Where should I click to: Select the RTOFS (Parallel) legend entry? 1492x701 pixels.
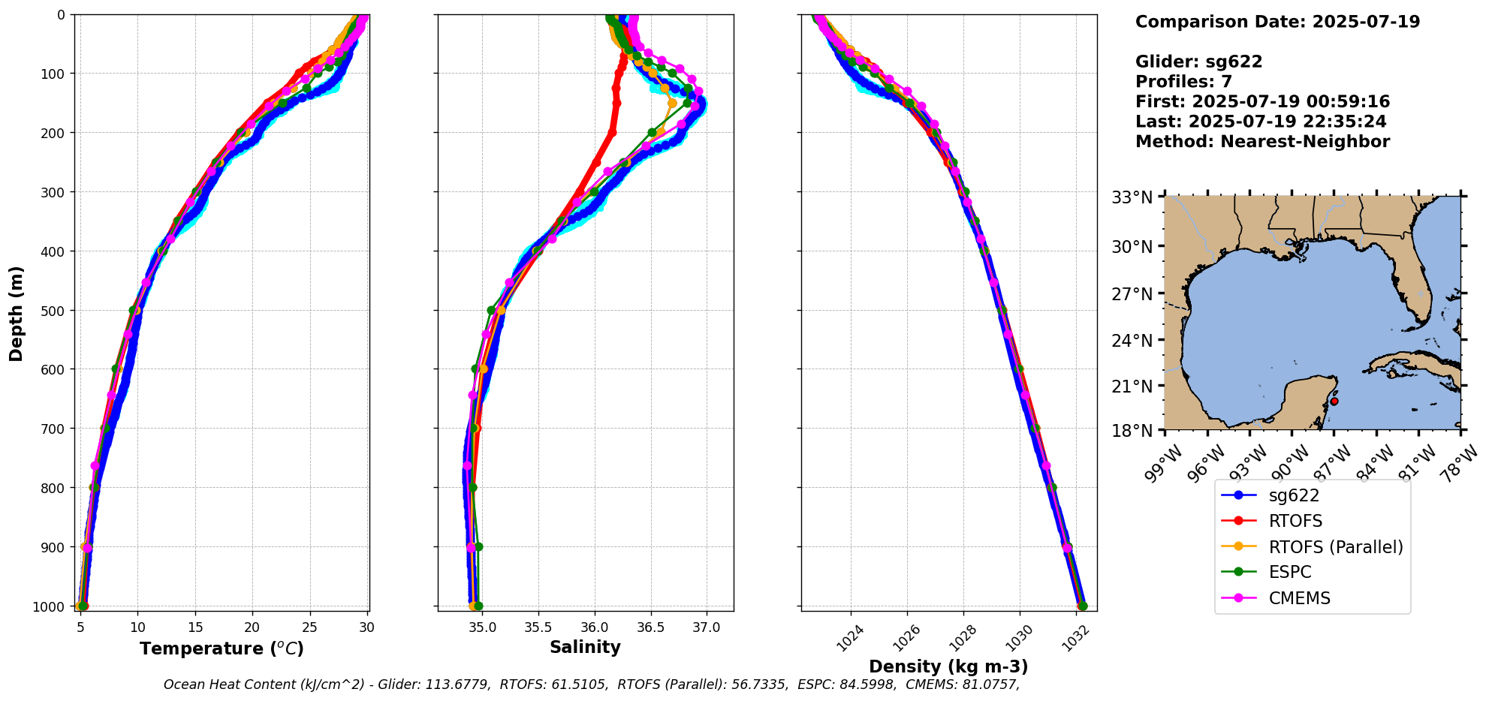(x=1335, y=547)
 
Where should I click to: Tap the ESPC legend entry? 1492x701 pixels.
(x=1289, y=572)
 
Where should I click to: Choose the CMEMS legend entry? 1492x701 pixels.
(x=1299, y=598)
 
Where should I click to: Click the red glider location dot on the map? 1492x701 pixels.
(x=1334, y=402)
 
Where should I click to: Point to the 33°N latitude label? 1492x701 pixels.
(x=1132, y=198)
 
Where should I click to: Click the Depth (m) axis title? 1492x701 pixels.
(x=17, y=313)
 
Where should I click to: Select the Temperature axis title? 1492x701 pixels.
(x=222, y=648)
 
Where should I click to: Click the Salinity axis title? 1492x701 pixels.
(x=585, y=647)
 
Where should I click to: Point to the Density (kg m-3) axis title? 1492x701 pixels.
(x=948, y=666)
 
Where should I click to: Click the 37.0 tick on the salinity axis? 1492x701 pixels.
(x=706, y=627)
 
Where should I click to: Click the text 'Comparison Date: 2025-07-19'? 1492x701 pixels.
(x=1277, y=22)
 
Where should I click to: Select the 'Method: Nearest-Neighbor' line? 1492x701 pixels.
(x=1262, y=142)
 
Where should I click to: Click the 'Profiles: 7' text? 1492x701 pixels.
(x=1183, y=82)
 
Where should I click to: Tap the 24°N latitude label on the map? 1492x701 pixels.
(x=1132, y=341)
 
